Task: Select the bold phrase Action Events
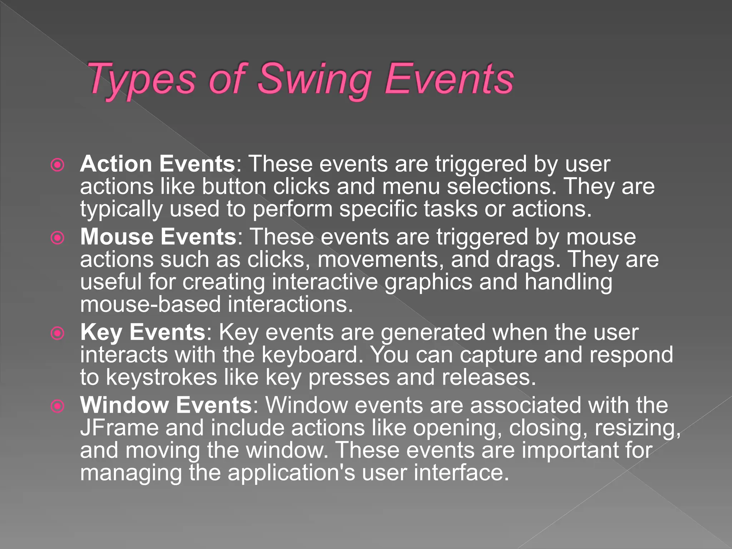click(x=158, y=164)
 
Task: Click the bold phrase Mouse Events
click(x=158, y=237)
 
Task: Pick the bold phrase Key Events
click(x=143, y=332)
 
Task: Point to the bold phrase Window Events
click(x=166, y=405)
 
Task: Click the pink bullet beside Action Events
click(x=58, y=165)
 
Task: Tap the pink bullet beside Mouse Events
click(x=58, y=238)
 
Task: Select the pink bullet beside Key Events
click(x=58, y=333)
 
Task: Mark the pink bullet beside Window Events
click(x=58, y=406)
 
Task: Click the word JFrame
click(x=119, y=428)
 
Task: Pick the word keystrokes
click(x=162, y=377)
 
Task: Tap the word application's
click(x=291, y=473)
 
